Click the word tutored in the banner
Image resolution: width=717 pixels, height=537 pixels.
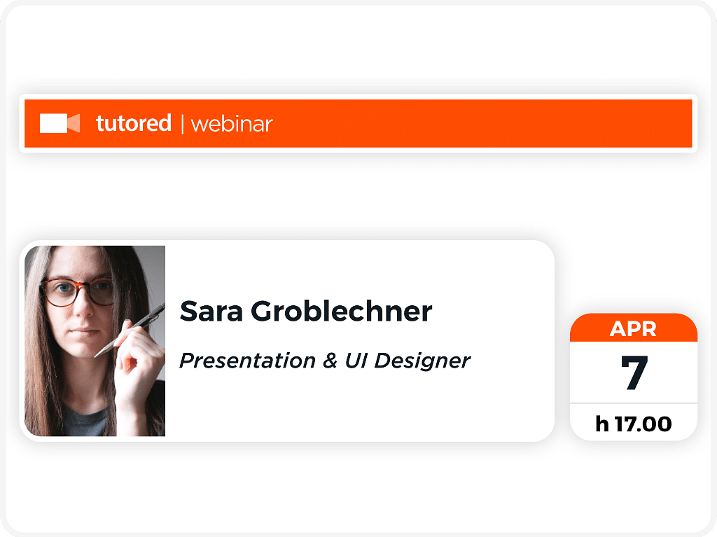[134, 123]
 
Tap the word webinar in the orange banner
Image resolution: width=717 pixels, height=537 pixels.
[231, 124]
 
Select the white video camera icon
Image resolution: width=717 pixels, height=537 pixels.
[60, 123]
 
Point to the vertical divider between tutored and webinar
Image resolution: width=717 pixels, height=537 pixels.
[183, 124]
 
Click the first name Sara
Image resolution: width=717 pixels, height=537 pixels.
[211, 312]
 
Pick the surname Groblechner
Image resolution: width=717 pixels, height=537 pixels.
[341, 311]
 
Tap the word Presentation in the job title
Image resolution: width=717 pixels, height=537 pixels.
[247, 361]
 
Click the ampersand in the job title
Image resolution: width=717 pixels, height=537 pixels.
[330, 361]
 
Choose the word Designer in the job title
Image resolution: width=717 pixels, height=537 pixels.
[422, 361]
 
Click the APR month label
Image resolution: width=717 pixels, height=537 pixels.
[633, 329]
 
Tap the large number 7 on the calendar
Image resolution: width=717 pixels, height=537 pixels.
[634, 372]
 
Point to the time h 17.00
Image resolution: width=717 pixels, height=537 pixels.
[633, 424]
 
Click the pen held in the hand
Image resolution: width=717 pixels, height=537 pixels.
[130, 329]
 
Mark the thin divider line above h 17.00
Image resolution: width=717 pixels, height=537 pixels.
[633, 403]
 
